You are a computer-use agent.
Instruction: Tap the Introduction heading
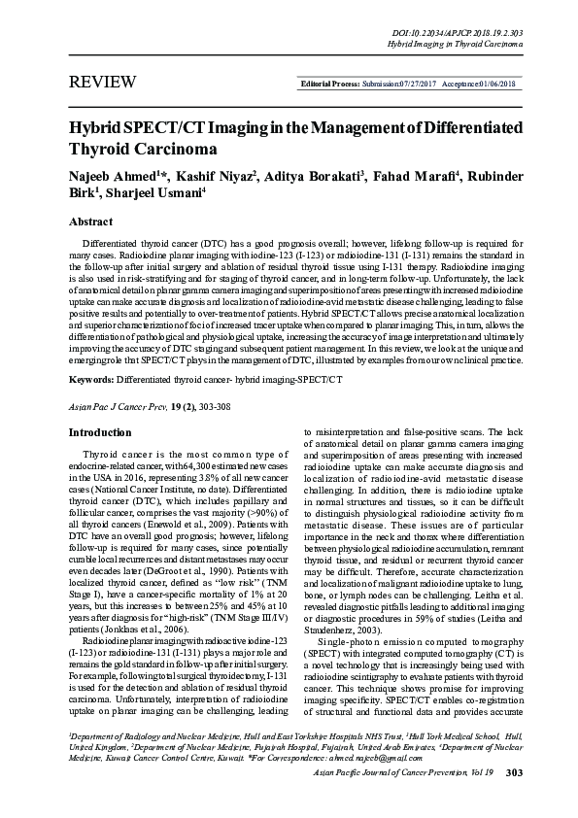pos(99,432)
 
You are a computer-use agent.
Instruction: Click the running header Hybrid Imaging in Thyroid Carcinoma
pos(455,45)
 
